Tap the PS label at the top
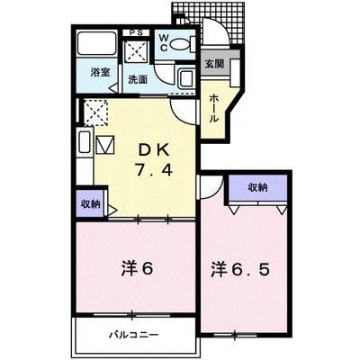coord(136,32)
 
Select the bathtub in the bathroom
coord(96,43)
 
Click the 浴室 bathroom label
coord(100,72)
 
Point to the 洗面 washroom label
coord(138,79)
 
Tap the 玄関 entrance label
coord(214,64)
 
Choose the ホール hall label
coord(213,108)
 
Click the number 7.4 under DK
coord(153,170)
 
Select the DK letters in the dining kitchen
coord(154,149)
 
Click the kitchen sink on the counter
coord(85,142)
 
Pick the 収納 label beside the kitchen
coord(90,204)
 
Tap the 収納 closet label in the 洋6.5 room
coord(257,188)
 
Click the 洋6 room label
coord(138,268)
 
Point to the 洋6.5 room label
coord(240,269)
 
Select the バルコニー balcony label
coord(133,335)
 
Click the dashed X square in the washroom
coord(137,51)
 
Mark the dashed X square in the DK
coord(95,112)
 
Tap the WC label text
coord(164,42)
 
